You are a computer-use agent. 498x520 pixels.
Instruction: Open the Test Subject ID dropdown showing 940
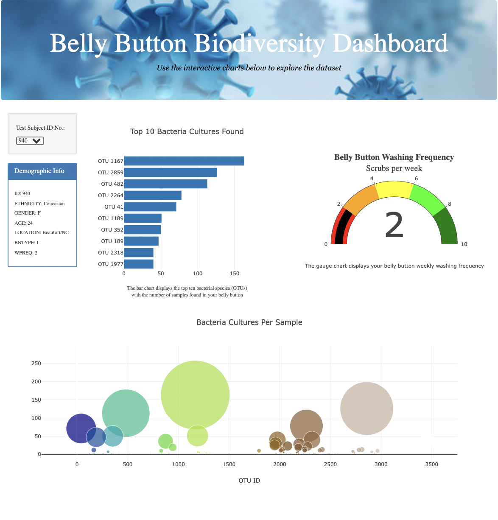point(30,141)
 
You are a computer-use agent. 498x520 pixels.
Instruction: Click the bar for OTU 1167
point(184,161)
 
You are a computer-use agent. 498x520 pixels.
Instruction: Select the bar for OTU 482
point(165,184)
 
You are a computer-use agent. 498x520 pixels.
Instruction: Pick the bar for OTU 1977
point(139,264)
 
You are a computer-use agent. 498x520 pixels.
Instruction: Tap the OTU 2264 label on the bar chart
point(110,196)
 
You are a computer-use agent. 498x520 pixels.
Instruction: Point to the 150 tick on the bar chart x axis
point(234,274)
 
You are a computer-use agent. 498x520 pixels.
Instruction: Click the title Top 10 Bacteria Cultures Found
point(187,131)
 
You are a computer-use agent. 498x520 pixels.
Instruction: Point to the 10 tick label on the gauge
point(464,244)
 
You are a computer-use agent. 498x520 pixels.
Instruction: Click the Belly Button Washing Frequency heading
point(394,157)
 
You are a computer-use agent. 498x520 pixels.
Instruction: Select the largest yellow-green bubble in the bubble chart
point(195,395)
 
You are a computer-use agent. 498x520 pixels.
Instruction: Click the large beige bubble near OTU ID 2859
point(367,408)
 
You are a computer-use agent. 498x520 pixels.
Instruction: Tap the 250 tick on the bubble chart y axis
point(36,363)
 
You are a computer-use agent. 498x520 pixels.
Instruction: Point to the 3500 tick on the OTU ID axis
point(431,464)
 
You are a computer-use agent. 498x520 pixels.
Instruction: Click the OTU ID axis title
point(249,481)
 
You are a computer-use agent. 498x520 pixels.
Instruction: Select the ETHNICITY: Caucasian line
point(39,204)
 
